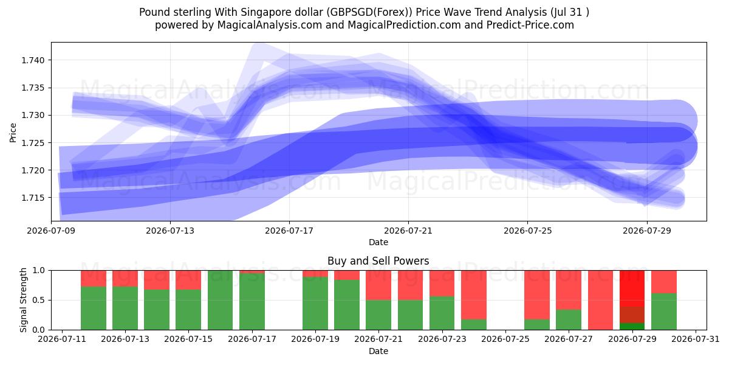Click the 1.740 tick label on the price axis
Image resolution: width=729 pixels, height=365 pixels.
[x=33, y=60]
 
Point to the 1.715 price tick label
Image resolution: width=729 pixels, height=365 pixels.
[x=33, y=198]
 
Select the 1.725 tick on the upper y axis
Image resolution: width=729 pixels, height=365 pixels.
[x=33, y=143]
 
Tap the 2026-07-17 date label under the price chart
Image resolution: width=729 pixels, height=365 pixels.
[x=289, y=231]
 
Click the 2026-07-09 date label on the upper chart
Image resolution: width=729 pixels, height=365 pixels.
[x=51, y=231]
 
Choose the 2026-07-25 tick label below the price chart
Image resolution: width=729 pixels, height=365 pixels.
[x=528, y=231]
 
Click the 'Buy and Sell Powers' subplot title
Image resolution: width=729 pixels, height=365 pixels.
[x=378, y=261]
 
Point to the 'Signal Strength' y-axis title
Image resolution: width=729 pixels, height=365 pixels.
[x=23, y=300]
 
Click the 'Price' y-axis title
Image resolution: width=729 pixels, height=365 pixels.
[x=13, y=133]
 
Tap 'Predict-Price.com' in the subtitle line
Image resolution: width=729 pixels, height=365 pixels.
[x=530, y=25]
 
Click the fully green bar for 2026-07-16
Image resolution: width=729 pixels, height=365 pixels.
[x=221, y=300]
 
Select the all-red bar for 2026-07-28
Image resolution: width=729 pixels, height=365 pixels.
[x=600, y=300]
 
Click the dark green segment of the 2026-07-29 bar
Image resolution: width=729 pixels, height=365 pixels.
[x=632, y=326]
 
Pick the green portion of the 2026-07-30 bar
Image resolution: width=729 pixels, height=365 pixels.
[x=664, y=311]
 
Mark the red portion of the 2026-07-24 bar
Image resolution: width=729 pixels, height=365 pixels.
[x=474, y=295]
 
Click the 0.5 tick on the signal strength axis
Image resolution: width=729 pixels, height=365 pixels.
[x=39, y=300]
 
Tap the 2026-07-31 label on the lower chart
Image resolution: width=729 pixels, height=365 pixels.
[x=696, y=339]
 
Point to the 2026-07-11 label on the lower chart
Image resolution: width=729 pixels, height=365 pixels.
[x=62, y=339]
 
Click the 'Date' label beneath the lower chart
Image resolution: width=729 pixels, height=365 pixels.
[x=378, y=351]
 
